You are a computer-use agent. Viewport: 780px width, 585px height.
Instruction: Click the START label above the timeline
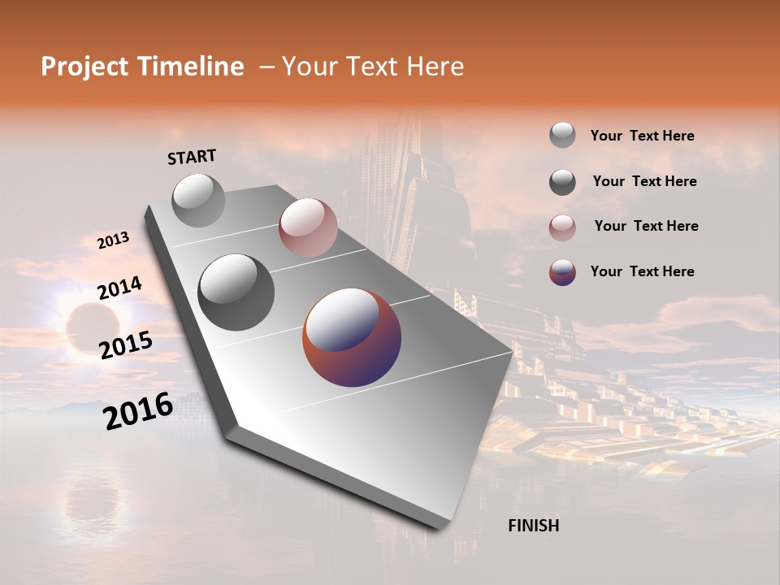(x=192, y=157)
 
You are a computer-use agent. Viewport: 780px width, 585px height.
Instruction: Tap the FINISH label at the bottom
(x=533, y=526)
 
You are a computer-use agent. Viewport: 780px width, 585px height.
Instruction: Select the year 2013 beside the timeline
(x=113, y=240)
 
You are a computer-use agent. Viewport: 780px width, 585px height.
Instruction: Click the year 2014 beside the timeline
(x=119, y=288)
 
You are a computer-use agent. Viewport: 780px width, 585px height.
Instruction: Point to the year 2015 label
(x=126, y=344)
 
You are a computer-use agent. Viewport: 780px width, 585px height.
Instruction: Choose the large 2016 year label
(x=138, y=411)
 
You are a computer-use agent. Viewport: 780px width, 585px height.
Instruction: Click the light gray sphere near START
(x=198, y=200)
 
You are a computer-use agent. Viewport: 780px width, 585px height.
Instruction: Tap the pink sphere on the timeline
(x=308, y=227)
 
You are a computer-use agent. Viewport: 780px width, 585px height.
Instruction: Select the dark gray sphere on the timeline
(x=236, y=292)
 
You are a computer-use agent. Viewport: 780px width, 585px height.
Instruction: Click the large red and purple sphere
(x=352, y=336)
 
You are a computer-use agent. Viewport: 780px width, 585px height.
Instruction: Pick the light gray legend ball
(x=562, y=136)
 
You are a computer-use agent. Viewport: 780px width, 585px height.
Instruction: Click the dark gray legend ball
(x=562, y=182)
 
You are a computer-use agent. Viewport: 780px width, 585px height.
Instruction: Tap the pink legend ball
(x=562, y=227)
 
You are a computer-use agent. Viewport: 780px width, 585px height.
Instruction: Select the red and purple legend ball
(x=562, y=272)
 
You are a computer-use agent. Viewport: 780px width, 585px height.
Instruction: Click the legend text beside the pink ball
(x=646, y=226)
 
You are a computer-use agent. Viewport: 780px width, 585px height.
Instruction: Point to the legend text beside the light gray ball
(x=642, y=136)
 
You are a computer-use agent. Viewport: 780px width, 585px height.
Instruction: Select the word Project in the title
(x=84, y=67)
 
